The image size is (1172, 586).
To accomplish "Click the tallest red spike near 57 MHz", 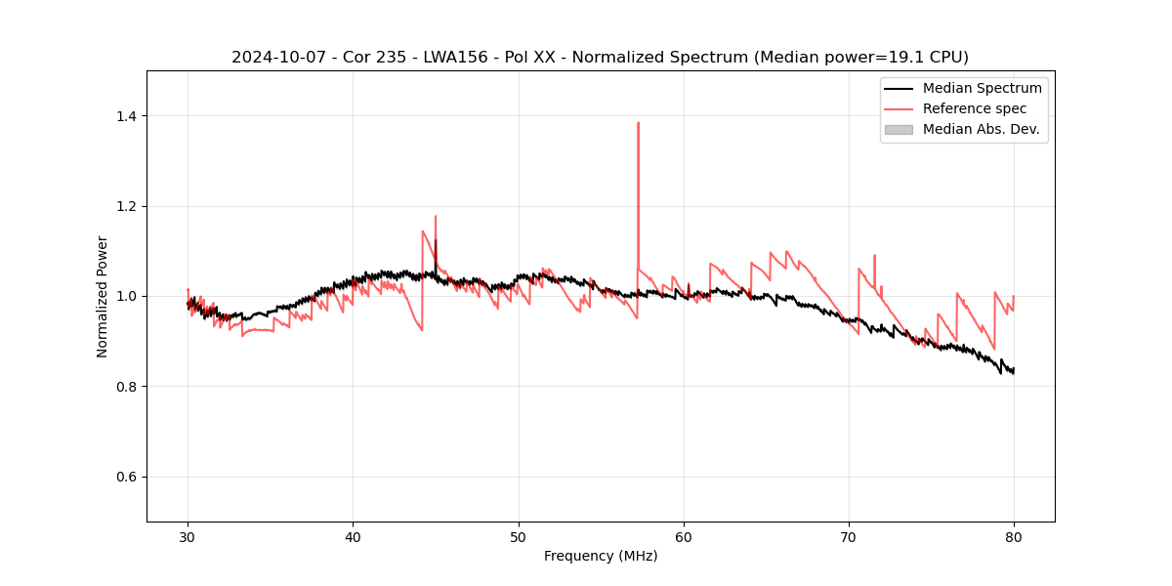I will click(638, 124).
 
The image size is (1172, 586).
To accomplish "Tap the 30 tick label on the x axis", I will click(188, 536).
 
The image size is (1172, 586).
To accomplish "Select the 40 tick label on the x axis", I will click(353, 536).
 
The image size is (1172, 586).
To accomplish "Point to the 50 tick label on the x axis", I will click(519, 536).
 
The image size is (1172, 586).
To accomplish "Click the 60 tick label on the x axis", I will click(684, 536).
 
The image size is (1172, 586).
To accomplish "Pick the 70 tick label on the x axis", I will click(849, 536).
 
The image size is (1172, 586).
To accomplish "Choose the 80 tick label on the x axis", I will click(1014, 536).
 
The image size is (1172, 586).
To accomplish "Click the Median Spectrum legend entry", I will click(982, 88).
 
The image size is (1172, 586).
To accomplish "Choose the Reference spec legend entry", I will click(975, 108).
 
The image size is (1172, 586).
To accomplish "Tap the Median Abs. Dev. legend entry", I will click(981, 129).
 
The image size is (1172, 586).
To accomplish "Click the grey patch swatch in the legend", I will click(899, 129).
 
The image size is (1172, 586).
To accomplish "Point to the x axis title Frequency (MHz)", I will click(601, 556).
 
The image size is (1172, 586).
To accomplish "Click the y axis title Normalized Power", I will click(103, 296).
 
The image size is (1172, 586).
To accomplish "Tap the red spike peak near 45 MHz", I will click(436, 217).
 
